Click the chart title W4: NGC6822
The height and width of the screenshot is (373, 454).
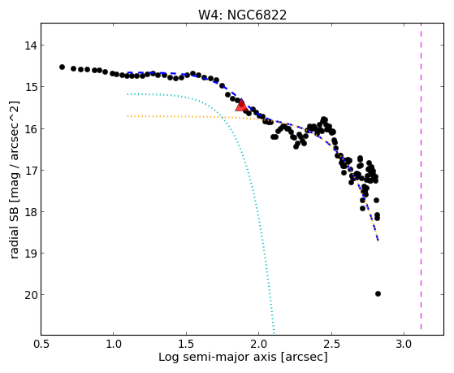click(242, 15)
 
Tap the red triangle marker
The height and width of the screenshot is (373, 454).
click(241, 105)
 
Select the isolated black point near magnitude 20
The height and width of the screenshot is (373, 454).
click(378, 294)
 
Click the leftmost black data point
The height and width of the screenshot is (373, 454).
click(62, 67)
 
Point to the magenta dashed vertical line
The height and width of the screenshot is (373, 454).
click(421, 176)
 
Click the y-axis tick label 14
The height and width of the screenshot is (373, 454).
click(30, 46)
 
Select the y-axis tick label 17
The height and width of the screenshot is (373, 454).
click(30, 171)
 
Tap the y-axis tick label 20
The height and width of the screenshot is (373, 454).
click(30, 295)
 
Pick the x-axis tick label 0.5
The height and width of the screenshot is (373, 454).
click(41, 344)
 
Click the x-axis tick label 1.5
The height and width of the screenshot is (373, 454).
click(186, 344)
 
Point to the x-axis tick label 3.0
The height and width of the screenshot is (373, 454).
click(404, 344)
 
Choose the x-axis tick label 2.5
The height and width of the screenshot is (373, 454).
click(331, 344)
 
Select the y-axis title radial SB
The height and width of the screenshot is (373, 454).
click(15, 232)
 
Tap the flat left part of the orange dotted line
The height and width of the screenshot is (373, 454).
click(174, 116)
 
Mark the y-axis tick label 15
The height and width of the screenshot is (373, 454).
click(30, 87)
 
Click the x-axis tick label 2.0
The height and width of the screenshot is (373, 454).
click(259, 344)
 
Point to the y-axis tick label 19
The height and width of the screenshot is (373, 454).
click(30, 254)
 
